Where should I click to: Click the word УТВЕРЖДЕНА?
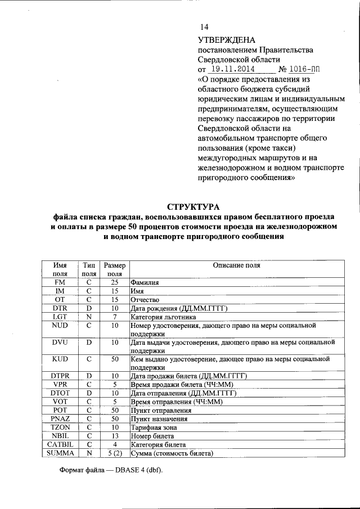coord(227,40)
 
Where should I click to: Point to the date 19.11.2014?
coord(231,69)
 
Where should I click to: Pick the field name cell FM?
coord(60,282)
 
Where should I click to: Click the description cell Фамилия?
coord(145,283)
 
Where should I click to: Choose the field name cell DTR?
coord(60,308)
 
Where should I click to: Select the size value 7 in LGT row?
coord(114,317)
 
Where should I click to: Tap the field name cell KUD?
coord(60,358)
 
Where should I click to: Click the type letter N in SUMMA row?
coord(89,453)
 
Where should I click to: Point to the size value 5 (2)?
coord(115,453)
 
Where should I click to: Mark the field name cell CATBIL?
coord(60,444)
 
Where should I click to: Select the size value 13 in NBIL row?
coord(114,436)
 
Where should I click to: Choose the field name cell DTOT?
coord(60,393)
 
